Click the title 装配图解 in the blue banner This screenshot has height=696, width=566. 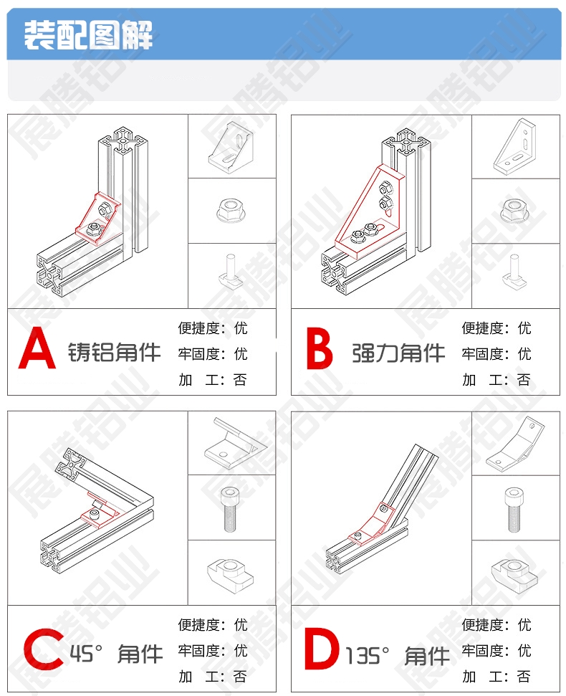pos(89,34)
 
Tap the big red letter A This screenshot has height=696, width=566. pos(37,348)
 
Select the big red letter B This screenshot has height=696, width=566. pos(320,349)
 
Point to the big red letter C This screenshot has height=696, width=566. pos(44,649)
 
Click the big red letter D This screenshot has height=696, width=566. pos(322,649)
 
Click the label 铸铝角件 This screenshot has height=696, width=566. pos(114,353)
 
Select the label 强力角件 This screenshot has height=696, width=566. pos(398,353)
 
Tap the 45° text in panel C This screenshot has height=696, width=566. pos(86,654)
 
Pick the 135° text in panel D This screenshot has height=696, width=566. pos(368,655)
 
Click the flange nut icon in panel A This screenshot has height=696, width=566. pos(232,211)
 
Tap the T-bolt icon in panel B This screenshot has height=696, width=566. pos(515,272)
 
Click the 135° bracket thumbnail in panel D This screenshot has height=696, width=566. pos(515,444)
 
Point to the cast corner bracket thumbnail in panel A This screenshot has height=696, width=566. pos(231,148)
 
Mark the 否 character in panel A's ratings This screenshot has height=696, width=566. pos(240,380)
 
